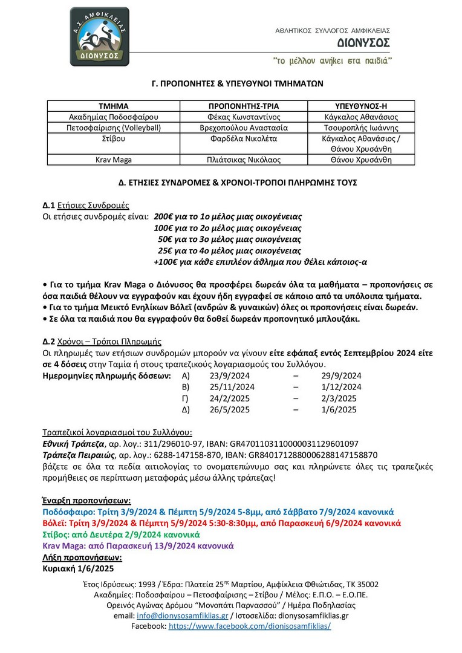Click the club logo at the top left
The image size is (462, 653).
coord(99,36)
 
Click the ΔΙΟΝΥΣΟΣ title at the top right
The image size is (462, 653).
coord(363,43)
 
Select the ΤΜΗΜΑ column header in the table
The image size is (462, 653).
coord(114,105)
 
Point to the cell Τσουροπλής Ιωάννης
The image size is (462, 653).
coord(360,128)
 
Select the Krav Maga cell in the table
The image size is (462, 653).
coord(114,160)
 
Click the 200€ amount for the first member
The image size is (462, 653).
coord(163,216)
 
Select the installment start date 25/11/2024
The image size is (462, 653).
coord(227,387)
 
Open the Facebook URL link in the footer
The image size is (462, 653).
coord(250,626)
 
